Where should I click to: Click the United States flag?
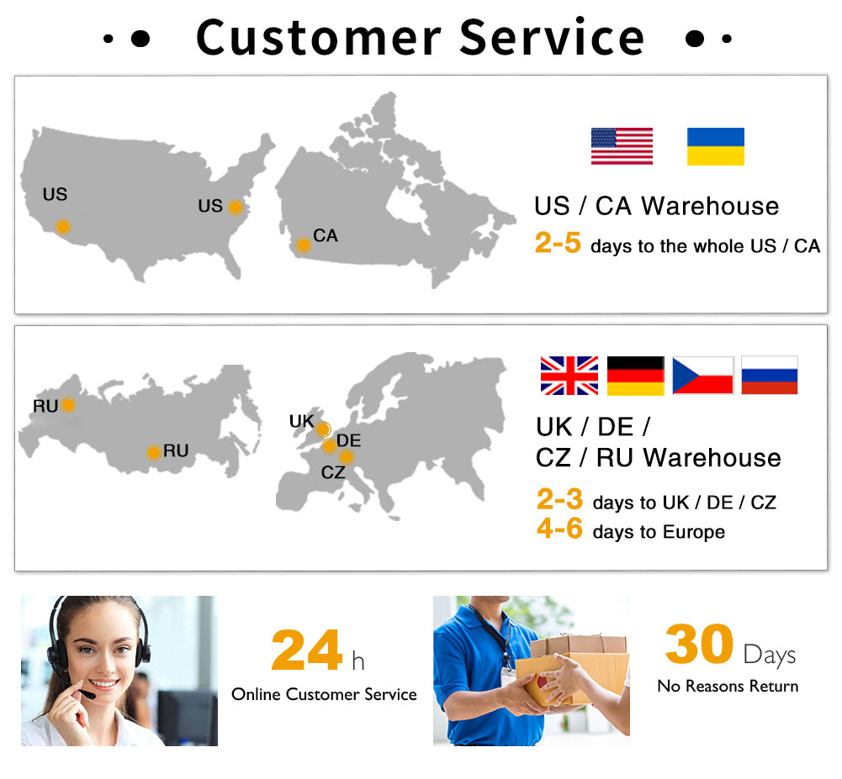pyautogui.click(x=622, y=146)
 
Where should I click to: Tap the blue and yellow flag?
pyautogui.click(x=716, y=146)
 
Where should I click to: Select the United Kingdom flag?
pyautogui.click(x=569, y=376)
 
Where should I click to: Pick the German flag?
pyautogui.click(x=636, y=376)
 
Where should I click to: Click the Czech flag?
pyautogui.click(x=703, y=376)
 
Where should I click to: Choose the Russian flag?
pyautogui.click(x=770, y=376)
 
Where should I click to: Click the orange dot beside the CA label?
pyautogui.click(x=304, y=245)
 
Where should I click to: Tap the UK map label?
pyautogui.click(x=301, y=421)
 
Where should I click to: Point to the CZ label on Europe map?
pyautogui.click(x=333, y=472)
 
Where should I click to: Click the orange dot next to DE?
pyautogui.click(x=329, y=445)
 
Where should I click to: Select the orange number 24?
pyautogui.click(x=307, y=650)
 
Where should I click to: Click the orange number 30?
pyautogui.click(x=699, y=643)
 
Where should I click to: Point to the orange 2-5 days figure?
pyautogui.click(x=558, y=243)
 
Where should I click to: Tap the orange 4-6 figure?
pyautogui.click(x=559, y=529)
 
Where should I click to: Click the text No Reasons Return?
pyautogui.click(x=728, y=687)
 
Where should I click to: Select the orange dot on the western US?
pyautogui.click(x=63, y=227)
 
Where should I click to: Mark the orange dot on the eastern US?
pyautogui.click(x=236, y=208)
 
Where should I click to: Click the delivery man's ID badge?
pyautogui.click(x=507, y=677)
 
